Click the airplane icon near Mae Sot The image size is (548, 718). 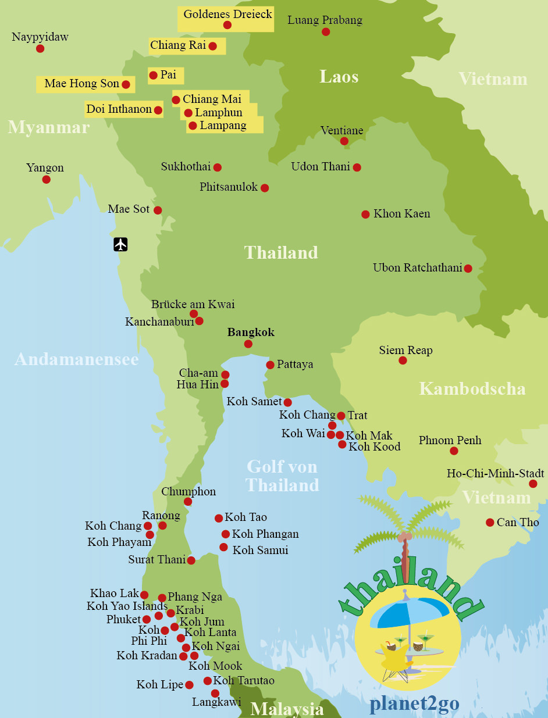[x=120, y=244]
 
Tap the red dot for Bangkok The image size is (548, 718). [x=248, y=344]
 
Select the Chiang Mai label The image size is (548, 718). [x=212, y=99]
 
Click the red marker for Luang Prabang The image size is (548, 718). [x=326, y=32]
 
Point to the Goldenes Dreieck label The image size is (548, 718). [x=227, y=14]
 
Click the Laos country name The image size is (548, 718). [x=339, y=77]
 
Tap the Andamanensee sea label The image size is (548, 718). [x=76, y=359]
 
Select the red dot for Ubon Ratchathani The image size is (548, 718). [x=468, y=269]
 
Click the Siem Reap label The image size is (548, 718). [x=405, y=351]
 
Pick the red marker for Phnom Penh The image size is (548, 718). [x=454, y=451]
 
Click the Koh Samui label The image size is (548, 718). [x=260, y=550]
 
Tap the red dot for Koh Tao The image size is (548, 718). [x=219, y=518]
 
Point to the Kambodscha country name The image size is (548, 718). [x=472, y=388]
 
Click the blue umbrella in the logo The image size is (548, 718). [x=410, y=612]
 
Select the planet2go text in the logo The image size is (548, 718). [x=414, y=703]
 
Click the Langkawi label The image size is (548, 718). [x=216, y=702]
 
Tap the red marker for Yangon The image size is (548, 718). [x=47, y=180]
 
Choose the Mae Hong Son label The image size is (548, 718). [x=81, y=84]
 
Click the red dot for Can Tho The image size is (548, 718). [x=490, y=523]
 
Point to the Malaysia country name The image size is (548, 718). [x=287, y=709]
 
